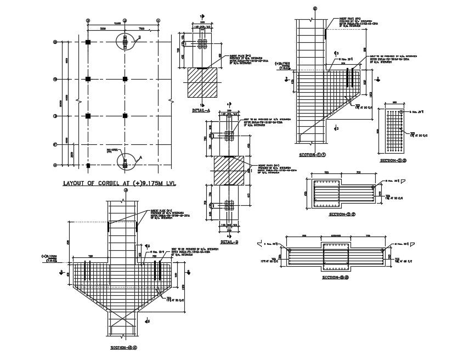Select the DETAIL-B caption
pyautogui.click(x=229, y=241)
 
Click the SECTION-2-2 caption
pyautogui.click(x=336, y=215)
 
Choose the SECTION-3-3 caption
pyautogui.click(x=393, y=161)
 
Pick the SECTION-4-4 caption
pyautogui.click(x=123, y=347)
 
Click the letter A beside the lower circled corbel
pyautogui.click(x=140, y=157)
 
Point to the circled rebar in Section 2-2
pyautogui.click(x=373, y=188)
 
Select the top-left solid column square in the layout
pyautogui.click(x=88, y=42)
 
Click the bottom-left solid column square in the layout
pyautogui.click(x=88, y=165)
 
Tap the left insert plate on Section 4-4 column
pyautogui.click(x=109, y=226)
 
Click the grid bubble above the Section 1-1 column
pyautogui.click(x=315, y=8)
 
